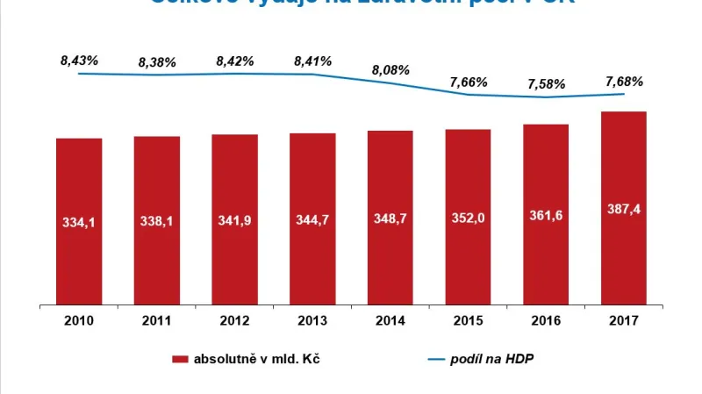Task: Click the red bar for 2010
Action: point(79,219)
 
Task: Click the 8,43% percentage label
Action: point(79,61)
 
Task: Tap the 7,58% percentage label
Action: point(546,84)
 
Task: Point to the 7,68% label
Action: point(624,82)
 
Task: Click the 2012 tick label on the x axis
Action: point(235,320)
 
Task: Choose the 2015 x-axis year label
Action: point(468,320)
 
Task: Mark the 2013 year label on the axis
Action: point(313,320)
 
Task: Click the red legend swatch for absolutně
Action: point(181,359)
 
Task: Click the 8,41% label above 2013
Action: point(313,61)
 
